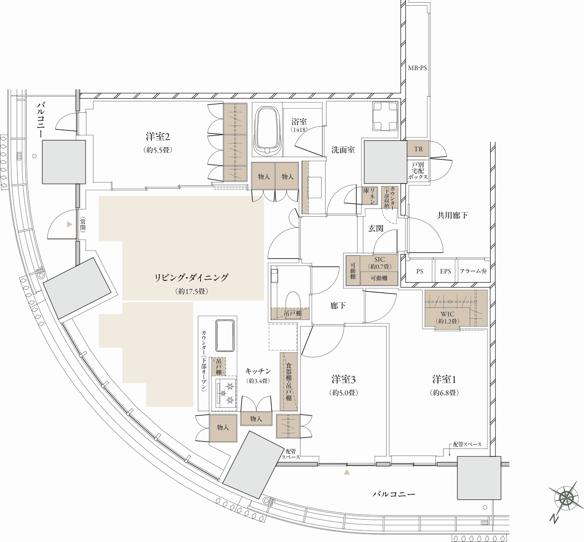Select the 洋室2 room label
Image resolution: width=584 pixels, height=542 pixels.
click(158, 137)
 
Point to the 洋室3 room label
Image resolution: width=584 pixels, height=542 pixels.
click(344, 380)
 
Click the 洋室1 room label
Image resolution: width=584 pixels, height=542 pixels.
click(444, 380)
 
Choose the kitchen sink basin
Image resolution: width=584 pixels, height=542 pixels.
click(225, 336)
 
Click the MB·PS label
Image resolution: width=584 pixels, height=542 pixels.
click(417, 68)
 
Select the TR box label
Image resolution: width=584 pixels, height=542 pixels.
click(418, 149)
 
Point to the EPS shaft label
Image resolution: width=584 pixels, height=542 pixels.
click(445, 271)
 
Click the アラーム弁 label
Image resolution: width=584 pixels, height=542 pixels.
click(473, 271)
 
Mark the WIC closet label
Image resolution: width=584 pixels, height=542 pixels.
click(447, 314)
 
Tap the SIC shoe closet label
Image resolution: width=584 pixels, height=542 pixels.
click(380, 259)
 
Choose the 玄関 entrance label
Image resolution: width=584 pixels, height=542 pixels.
click(376, 228)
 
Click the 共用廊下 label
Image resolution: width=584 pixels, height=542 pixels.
click(452, 215)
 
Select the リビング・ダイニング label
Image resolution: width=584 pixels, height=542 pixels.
click(191, 277)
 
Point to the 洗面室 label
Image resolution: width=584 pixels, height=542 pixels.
click(343, 150)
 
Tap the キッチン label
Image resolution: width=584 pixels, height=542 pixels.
click(258, 371)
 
